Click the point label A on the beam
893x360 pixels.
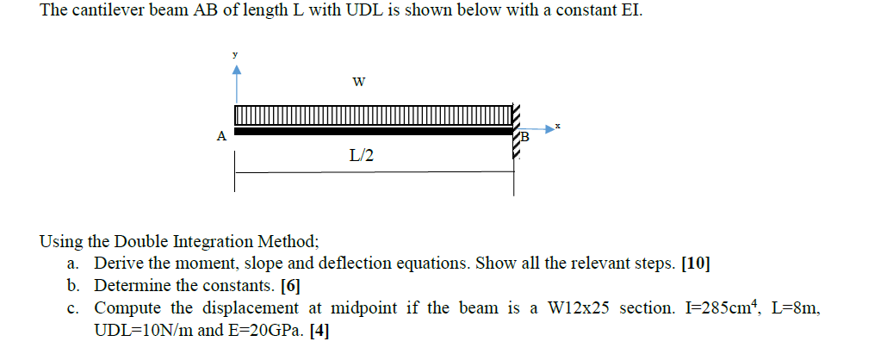[x=221, y=135]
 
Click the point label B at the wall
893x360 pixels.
[x=525, y=137]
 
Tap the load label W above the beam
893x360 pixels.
[x=359, y=83]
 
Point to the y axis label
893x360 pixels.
[x=234, y=54]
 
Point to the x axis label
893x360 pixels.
[x=559, y=126]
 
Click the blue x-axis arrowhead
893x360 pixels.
[x=545, y=130]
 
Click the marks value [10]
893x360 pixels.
[x=695, y=264]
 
